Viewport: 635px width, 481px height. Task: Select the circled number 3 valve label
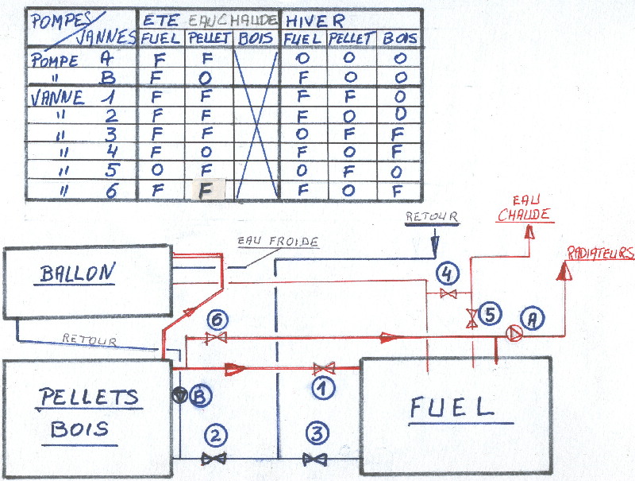(x=317, y=434)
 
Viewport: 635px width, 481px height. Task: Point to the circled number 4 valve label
(x=448, y=273)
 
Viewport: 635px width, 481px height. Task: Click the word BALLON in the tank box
(x=77, y=273)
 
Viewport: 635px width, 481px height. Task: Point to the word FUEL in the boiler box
(x=452, y=406)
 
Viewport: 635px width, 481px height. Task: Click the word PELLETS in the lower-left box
(x=88, y=396)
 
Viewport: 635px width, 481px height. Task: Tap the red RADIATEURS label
(x=601, y=252)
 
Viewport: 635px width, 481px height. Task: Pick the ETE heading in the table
(x=159, y=18)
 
